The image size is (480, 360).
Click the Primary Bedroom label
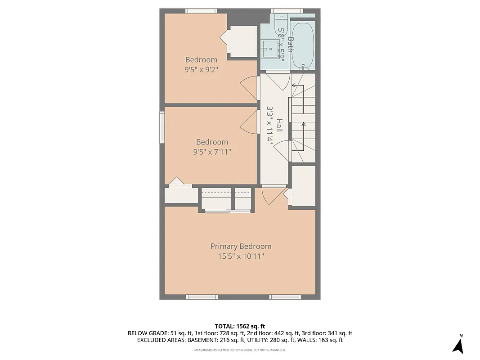pyautogui.click(x=241, y=246)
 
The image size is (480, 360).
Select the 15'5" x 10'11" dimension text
pyautogui.click(x=241, y=256)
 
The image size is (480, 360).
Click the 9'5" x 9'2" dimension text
pyautogui.click(x=201, y=70)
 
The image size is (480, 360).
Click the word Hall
pyautogui.click(x=279, y=125)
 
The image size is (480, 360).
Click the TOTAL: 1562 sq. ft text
pyautogui.click(x=240, y=326)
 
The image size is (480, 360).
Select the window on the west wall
pyautogui.click(x=161, y=127)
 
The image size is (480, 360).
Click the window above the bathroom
pyautogui.click(x=287, y=10)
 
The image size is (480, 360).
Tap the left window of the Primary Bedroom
pyautogui.click(x=202, y=297)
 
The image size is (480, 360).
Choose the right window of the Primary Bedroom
pyautogui.click(x=285, y=297)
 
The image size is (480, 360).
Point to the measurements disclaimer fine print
pyautogui.click(x=240, y=350)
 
